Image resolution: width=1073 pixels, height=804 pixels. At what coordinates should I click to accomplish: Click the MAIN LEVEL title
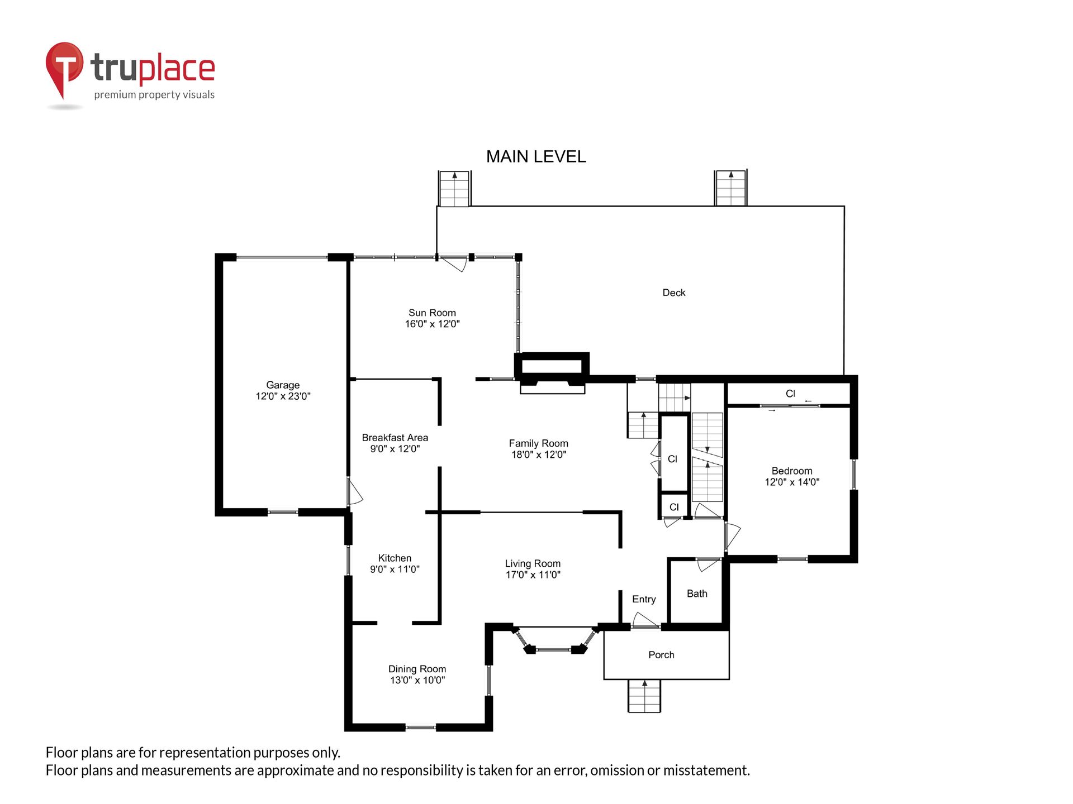[536, 157]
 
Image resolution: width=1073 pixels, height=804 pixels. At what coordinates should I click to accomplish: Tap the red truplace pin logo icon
[64, 69]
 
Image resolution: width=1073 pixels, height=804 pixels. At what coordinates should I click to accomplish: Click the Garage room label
[283, 385]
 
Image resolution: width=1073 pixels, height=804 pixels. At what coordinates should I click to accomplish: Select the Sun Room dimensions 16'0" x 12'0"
[433, 324]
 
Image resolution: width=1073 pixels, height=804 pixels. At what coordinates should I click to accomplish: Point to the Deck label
[674, 293]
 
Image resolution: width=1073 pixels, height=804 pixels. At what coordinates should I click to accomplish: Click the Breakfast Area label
[395, 438]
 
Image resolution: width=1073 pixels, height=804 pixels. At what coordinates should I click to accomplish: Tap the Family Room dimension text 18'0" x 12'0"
[539, 454]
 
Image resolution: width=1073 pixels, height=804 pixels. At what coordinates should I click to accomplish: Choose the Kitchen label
[395, 558]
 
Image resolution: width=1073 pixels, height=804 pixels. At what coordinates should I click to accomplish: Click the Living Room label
[533, 563]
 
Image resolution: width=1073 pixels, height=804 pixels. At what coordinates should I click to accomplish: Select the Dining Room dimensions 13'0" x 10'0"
[417, 680]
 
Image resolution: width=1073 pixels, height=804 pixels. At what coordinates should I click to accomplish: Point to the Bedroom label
[792, 471]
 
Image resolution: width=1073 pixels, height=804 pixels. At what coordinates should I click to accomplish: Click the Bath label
[697, 594]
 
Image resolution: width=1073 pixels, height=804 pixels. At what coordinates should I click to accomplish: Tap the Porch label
[661, 655]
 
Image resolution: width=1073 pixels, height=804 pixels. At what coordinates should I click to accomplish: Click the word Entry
[644, 599]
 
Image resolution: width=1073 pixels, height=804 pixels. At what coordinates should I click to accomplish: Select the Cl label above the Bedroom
[790, 394]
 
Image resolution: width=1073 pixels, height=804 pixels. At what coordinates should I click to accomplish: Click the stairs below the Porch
[644, 696]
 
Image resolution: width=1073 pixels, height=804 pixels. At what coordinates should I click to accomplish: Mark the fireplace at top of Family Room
[552, 373]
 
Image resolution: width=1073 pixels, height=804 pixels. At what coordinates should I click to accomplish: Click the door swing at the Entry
[645, 620]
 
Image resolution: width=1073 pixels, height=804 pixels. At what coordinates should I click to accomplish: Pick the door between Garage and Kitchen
[354, 491]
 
